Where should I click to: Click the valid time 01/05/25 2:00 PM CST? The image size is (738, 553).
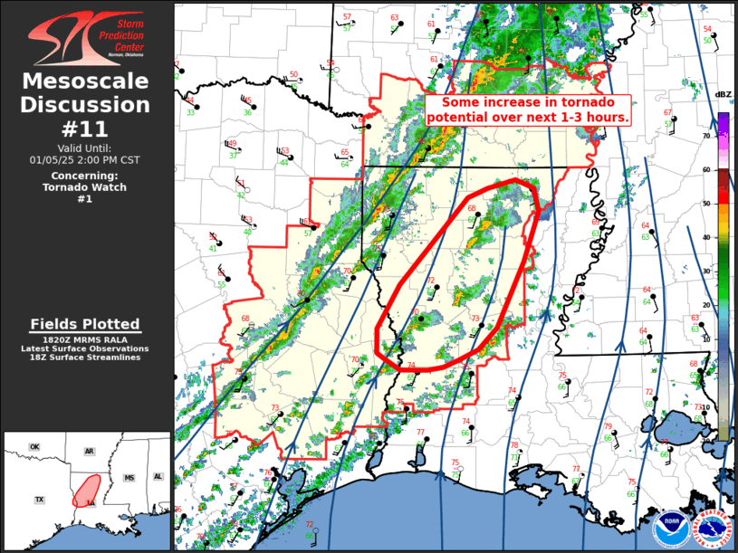(x=86, y=159)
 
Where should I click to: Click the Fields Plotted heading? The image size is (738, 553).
(x=85, y=324)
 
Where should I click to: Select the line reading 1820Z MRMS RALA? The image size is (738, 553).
(x=85, y=339)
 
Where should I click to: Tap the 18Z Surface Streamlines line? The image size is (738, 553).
(x=85, y=358)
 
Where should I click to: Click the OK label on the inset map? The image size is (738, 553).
(x=34, y=447)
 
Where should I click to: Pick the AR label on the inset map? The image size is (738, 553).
(x=90, y=451)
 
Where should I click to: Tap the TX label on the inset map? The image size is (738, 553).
(x=40, y=500)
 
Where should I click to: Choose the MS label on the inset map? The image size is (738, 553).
(x=129, y=478)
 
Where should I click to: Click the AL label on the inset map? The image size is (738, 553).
(x=158, y=476)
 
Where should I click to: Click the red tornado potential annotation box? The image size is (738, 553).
(x=528, y=110)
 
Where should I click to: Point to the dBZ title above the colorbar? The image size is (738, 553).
(x=723, y=95)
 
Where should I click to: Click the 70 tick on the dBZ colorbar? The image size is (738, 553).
(x=706, y=136)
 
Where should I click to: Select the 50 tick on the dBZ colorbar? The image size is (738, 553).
(x=706, y=205)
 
